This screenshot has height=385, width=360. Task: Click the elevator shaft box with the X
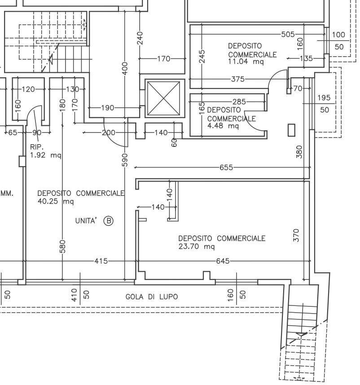point(164,98)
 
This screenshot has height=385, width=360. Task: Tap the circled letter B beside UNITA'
point(109,221)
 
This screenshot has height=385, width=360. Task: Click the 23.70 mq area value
point(197,247)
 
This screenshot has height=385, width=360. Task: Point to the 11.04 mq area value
point(246,62)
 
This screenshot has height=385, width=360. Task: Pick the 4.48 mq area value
point(223,126)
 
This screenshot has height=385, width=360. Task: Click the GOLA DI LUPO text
point(152,297)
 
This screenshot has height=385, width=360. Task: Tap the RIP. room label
point(37,147)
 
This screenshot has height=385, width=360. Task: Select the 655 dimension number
point(226,168)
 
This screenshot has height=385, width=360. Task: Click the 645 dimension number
point(223,261)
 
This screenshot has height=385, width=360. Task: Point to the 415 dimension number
point(101,261)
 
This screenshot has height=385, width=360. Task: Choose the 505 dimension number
point(288,35)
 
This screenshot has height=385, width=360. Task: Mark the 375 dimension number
point(238,79)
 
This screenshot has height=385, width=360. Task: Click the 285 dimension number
point(239,102)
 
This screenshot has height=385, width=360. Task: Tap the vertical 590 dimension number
point(125,160)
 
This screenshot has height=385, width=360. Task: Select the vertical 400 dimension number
point(125,69)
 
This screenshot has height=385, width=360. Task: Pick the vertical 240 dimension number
point(140,38)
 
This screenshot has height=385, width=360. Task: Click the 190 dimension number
point(108,108)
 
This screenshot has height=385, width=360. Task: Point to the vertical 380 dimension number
point(299,152)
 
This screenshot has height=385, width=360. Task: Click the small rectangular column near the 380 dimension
point(291,130)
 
